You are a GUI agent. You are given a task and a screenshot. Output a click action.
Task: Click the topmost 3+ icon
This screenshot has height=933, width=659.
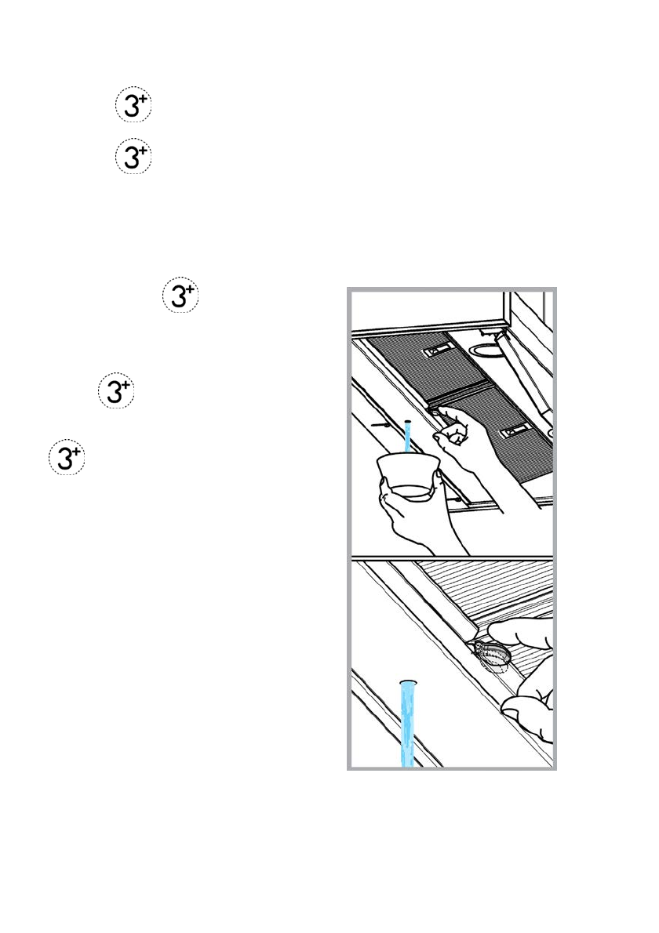pyautogui.click(x=133, y=107)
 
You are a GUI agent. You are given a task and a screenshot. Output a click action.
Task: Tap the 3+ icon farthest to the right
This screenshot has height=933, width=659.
pyautogui.click(x=180, y=297)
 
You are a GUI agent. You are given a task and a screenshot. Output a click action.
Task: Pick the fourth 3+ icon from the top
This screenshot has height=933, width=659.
pyautogui.click(x=115, y=390)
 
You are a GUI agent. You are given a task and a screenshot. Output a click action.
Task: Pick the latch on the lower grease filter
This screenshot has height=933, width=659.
pyautogui.click(x=515, y=430)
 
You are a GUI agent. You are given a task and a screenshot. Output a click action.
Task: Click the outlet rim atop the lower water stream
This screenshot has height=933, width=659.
pyautogui.click(x=407, y=681)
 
